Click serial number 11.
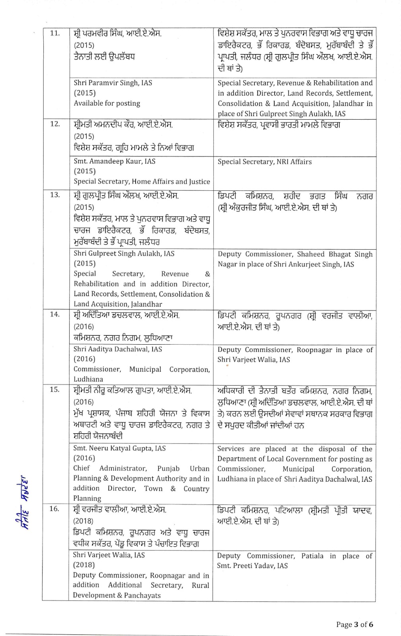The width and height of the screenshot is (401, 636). click(x=55, y=33)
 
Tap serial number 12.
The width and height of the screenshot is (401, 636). click(x=55, y=124)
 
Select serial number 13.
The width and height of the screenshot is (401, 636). click(x=55, y=195)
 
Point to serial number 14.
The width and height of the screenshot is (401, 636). click(x=55, y=314)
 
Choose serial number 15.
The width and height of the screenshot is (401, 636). click(x=55, y=390)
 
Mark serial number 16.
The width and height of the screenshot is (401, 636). click(x=55, y=509)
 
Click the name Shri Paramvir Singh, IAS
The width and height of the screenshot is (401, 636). click(x=113, y=83)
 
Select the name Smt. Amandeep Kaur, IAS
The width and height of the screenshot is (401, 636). click(x=114, y=161)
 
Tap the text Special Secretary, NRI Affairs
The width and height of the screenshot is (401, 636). click(x=264, y=162)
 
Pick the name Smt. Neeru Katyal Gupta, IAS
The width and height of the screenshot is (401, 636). click(x=119, y=448)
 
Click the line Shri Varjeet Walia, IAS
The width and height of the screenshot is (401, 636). click(x=109, y=555)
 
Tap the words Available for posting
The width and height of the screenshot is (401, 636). click(x=107, y=103)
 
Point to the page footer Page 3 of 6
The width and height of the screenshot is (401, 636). click(x=355, y=624)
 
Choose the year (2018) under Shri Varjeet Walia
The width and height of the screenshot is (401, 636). click(x=84, y=565)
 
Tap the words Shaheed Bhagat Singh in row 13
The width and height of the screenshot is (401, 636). click(x=337, y=254)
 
